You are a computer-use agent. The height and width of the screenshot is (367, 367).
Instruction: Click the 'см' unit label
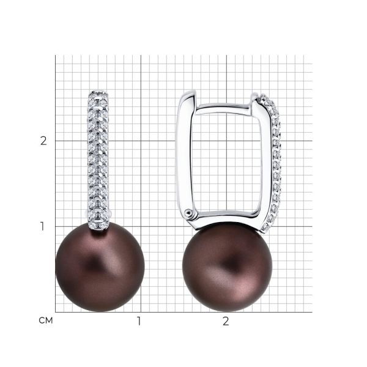[46, 321]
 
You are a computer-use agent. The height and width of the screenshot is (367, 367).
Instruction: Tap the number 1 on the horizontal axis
[139, 321]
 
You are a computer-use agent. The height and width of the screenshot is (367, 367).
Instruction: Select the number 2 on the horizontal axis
[226, 321]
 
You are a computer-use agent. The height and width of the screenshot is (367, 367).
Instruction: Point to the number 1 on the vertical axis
[42, 226]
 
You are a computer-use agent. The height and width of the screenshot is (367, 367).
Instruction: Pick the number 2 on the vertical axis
[43, 141]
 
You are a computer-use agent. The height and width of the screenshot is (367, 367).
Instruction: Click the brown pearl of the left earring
[100, 267]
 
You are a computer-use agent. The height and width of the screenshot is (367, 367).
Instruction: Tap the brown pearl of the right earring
[228, 267]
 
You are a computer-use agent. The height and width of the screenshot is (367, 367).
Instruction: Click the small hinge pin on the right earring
[188, 213]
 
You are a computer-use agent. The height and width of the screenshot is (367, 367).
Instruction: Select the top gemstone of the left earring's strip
[98, 95]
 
